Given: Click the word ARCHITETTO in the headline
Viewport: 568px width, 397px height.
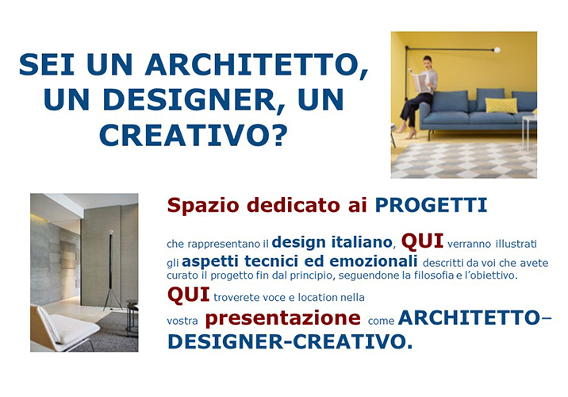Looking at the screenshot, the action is coord(256,65).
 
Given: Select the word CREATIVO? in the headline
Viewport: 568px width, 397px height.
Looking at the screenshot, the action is coord(193,135).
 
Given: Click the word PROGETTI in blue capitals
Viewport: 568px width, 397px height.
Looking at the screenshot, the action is coord(431,205).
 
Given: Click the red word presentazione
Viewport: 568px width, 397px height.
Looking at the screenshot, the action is coord(283,318).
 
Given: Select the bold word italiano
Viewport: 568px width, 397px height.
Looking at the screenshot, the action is coord(362,242).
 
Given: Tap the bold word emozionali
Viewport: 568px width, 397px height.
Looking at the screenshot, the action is coord(374,261).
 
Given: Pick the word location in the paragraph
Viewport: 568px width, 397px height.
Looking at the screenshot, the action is coord(313,298).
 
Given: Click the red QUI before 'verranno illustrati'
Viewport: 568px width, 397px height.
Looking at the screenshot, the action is coord(422,242).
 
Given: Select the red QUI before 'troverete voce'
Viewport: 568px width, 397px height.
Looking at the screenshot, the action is coord(188,295).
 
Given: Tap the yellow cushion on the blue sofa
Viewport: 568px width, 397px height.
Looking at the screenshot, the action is coord(501,105).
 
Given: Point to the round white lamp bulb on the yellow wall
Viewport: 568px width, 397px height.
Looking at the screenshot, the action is coord(497,50).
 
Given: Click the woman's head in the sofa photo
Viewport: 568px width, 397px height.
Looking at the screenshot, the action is coord(428,62).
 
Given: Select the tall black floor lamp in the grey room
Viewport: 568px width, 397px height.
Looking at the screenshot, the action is coord(111,271).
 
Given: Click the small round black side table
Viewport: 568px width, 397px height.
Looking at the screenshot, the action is coord(132,314).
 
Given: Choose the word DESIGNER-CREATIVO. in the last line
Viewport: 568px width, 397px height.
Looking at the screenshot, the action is coord(290,341).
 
